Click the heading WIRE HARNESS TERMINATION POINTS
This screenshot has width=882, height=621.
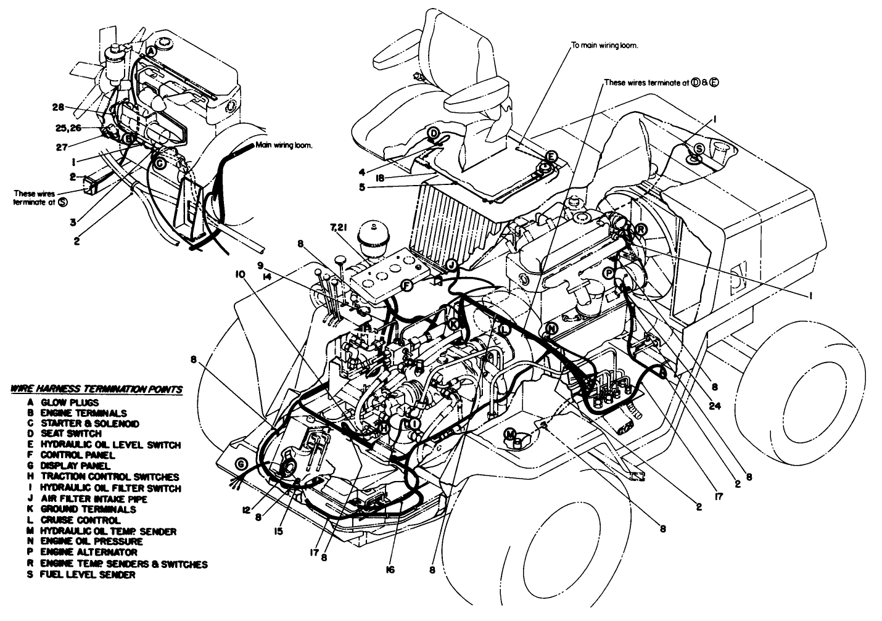[96, 389]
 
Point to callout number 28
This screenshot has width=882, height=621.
[58, 107]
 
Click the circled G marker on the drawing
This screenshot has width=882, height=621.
[241, 464]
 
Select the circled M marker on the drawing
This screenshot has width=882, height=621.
[511, 434]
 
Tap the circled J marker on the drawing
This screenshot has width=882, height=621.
[451, 265]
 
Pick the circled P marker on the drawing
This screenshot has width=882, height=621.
[608, 272]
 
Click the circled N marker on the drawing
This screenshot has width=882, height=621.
[551, 329]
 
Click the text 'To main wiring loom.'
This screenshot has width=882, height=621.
[604, 46]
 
